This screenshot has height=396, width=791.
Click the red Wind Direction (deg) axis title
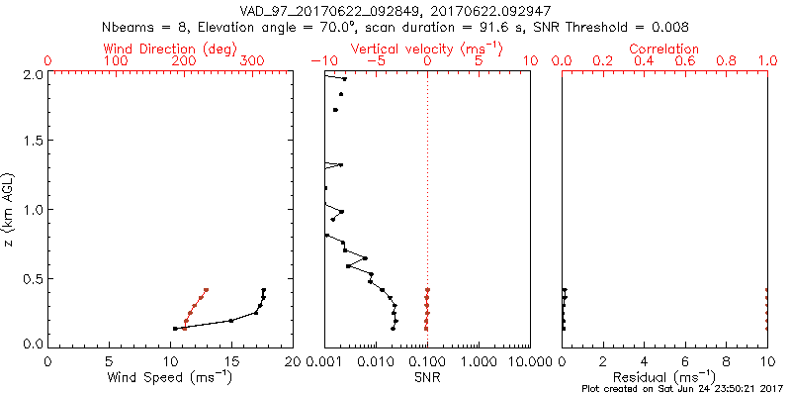pos(169,49)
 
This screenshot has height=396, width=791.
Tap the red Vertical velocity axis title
pos(427,49)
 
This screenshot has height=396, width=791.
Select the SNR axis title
pos(427,377)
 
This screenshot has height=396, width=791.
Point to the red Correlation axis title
pos(664,49)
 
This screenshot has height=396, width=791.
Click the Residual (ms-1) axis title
pos(664,377)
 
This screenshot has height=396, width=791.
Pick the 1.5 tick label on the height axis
pos(32,142)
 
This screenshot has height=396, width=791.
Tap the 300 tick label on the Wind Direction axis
pos(253,61)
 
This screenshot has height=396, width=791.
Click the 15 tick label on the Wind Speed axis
pos(231,361)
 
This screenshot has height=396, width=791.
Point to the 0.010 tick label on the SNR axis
pos(376,361)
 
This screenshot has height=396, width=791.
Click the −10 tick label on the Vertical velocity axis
pos(324,61)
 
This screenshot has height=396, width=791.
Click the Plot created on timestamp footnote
pos(682,389)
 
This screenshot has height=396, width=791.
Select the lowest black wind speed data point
pos(175,329)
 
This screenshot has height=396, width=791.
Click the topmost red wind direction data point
pos(207,290)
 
